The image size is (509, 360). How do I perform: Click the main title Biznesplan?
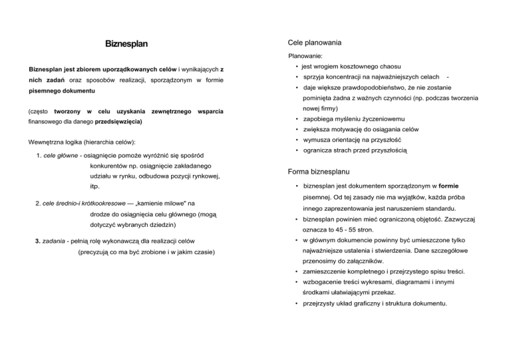click(126, 44)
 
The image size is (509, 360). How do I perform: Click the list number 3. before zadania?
click(37, 241)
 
